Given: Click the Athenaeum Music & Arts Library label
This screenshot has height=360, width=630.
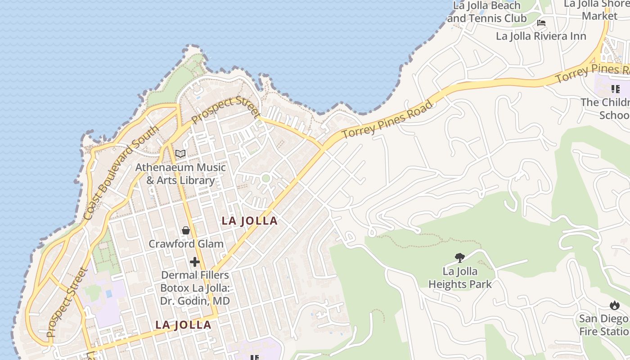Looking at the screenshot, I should pos(180,174).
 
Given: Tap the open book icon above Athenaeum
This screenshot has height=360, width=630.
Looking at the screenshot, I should pos(180,154).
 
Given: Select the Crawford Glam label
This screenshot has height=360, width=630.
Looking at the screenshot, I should pos(186,244).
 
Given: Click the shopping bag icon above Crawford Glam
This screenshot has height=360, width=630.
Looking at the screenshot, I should pos(186,231).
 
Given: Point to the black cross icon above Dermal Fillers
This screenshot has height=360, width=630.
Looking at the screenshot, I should pos(195,261).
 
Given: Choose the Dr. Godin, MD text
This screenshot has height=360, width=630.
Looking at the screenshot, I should pos(195,301).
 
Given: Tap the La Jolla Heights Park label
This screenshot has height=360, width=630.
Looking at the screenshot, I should pos(460,278).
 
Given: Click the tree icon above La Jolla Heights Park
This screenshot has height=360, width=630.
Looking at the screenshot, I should pos(460,258).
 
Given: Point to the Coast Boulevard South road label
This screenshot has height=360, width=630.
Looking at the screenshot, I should pos(121,173).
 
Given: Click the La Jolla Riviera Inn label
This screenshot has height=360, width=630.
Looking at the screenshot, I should pos(541,36).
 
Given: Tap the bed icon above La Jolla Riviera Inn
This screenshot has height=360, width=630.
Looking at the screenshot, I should pos(541,22).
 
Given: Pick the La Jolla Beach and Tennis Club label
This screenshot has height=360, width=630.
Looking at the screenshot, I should pos(486,12).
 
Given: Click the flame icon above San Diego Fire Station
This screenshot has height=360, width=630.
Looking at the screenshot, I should pos(614,306).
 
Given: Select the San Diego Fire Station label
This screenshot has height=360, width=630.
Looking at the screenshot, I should pos(604,325).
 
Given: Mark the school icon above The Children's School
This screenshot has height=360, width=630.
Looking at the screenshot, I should pos(615,89).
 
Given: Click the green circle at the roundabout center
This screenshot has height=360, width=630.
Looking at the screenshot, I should pos(265,178).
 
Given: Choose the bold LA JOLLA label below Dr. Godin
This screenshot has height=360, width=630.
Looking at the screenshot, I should pos(183,325).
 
